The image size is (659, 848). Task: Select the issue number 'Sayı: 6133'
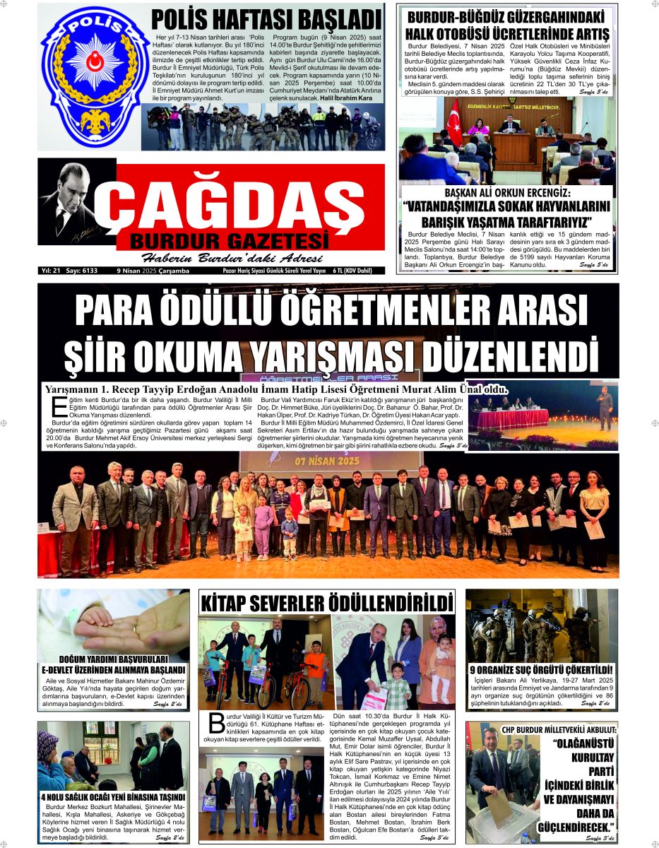point(83,271)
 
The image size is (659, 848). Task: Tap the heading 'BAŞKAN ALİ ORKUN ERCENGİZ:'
point(506,193)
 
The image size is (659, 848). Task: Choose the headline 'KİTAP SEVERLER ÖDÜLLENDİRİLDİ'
point(326,603)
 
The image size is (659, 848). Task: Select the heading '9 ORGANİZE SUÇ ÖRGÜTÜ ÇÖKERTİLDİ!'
point(541,669)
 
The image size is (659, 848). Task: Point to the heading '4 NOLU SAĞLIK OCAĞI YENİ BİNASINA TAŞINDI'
point(112,797)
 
